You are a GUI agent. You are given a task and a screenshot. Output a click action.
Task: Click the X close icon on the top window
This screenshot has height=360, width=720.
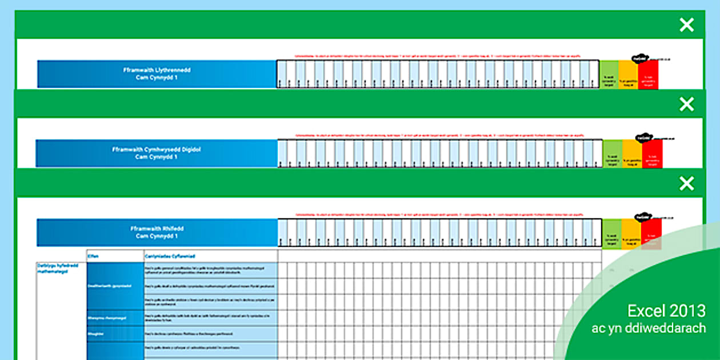(686, 25)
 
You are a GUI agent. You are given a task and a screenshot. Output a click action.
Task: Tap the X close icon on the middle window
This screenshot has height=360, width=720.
(686, 104)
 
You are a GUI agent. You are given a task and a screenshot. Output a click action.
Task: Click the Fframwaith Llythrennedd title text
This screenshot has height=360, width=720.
(157, 74)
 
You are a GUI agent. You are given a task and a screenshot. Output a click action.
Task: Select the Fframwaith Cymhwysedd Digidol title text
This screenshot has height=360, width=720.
(157, 153)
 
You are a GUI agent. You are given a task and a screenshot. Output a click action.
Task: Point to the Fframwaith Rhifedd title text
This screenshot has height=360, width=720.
(157, 232)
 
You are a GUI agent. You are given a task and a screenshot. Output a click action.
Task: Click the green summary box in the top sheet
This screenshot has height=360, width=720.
(610, 75)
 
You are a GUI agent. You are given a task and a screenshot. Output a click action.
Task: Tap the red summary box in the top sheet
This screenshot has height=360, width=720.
(648, 75)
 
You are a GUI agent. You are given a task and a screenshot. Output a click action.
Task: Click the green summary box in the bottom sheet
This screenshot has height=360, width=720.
(611, 234)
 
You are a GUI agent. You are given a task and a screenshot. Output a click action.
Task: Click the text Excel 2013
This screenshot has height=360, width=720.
(666, 311)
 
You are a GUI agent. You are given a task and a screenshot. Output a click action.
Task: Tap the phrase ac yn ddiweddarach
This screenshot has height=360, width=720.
(648, 329)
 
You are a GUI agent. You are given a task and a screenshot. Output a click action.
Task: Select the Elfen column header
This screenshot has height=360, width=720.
(93, 257)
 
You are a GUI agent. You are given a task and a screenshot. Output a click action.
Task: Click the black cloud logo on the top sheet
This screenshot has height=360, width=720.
(638, 58)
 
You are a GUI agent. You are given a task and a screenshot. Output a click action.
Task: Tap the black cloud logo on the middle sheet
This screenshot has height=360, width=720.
(642, 137)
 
